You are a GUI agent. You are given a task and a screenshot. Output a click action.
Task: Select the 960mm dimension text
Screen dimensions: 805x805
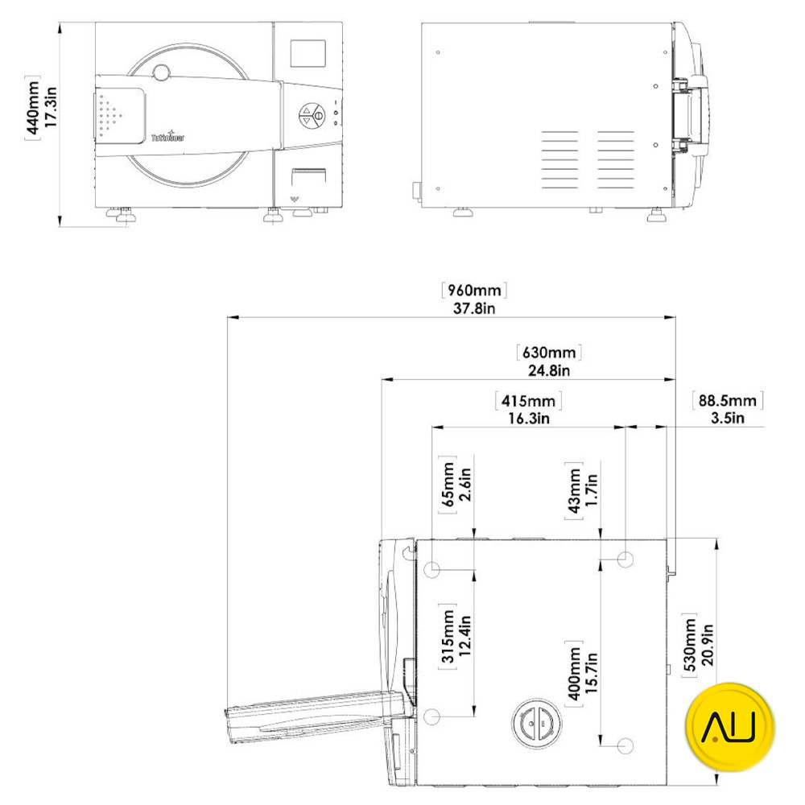[473, 290]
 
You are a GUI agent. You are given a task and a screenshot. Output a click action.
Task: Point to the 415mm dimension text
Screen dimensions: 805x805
[527, 401]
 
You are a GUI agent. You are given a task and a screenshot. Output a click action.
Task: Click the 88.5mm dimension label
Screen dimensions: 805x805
[727, 400]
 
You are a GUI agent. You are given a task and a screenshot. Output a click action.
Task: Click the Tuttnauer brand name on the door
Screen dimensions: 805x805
[167, 138]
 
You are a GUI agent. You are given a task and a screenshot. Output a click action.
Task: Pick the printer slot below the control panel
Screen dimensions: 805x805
[309, 175]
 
